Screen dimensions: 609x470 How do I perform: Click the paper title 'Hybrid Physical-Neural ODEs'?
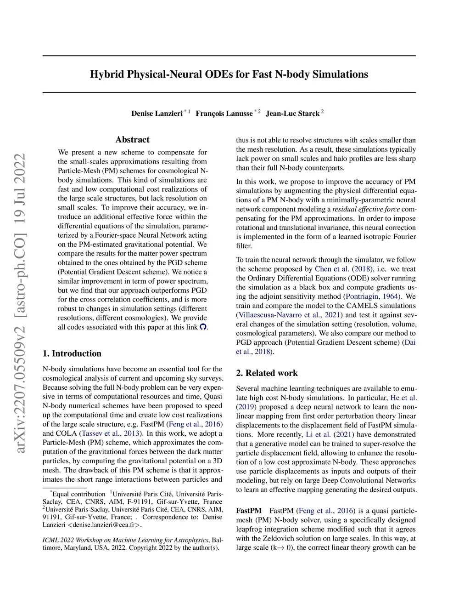229,74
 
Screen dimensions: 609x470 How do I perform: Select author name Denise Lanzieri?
157,114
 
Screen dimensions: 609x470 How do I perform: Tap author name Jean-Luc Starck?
292,114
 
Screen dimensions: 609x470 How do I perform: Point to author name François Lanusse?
224,114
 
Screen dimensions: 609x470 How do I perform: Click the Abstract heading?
132,140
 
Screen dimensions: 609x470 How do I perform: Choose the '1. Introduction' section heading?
72,353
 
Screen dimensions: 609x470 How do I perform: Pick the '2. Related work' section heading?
267,373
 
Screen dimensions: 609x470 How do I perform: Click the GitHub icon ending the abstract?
203,327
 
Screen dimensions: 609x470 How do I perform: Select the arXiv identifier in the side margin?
20,303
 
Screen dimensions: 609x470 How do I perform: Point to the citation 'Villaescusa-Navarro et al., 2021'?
289,315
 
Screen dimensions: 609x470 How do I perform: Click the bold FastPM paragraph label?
249,511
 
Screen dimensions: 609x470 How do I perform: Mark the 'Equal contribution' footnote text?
78,494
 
